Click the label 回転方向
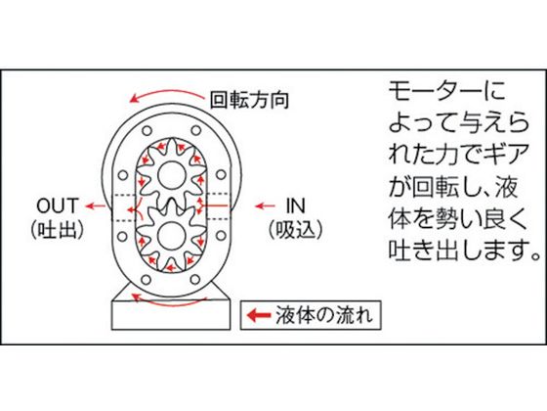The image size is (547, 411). (249, 100)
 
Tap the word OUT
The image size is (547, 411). (58, 205)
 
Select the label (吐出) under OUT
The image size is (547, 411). (58, 231)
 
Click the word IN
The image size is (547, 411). (295, 205)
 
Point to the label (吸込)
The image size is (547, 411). (295, 231)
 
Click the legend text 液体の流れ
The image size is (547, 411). (324, 315)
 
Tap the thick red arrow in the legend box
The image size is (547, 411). (259, 315)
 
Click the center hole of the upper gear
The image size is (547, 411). (171, 175)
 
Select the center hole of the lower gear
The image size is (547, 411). (171, 236)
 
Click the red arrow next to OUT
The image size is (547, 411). (96, 205)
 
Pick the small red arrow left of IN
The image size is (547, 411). (265, 205)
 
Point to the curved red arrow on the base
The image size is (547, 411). (169, 301)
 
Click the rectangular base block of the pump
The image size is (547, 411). (171, 315)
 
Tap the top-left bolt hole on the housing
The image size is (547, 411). (147, 131)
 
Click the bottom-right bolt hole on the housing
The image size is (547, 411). (195, 279)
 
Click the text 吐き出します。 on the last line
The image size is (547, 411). (464, 250)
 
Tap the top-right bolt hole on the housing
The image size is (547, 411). (196, 131)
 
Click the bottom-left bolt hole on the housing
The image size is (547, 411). (147, 280)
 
